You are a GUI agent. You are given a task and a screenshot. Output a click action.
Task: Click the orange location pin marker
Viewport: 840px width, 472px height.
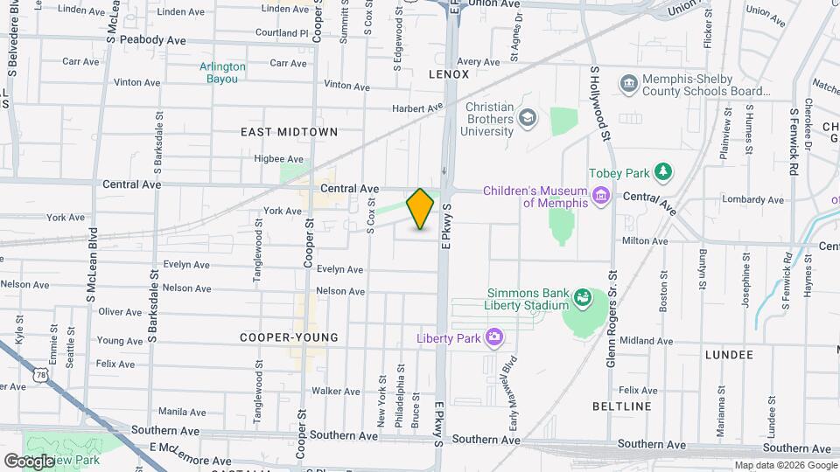tap(421, 208)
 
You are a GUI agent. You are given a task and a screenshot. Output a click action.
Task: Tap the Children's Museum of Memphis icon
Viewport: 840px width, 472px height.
tap(600, 194)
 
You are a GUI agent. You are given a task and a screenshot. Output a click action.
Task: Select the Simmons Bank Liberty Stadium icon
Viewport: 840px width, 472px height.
tap(581, 300)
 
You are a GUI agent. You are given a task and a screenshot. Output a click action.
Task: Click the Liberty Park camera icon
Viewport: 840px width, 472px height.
tap(494, 337)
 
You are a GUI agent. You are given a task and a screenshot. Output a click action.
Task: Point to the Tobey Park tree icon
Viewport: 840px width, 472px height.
tap(664, 170)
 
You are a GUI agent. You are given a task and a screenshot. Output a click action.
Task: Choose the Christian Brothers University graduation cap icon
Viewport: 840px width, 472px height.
tap(528, 117)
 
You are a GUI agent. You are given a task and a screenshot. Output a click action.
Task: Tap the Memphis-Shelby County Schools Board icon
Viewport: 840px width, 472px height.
tap(629, 84)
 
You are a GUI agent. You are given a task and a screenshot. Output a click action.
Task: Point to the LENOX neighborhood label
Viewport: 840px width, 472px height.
tap(449, 74)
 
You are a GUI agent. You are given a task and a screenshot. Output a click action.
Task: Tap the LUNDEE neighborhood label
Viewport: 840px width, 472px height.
tap(728, 355)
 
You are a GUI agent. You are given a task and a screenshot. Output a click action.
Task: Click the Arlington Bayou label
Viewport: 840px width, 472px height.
tap(222, 73)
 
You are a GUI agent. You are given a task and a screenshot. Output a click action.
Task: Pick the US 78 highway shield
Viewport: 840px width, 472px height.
tap(40, 374)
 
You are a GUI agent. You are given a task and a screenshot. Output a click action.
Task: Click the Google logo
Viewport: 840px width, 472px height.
tap(29, 461)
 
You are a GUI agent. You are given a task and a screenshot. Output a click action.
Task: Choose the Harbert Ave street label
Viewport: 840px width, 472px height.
tap(418, 108)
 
